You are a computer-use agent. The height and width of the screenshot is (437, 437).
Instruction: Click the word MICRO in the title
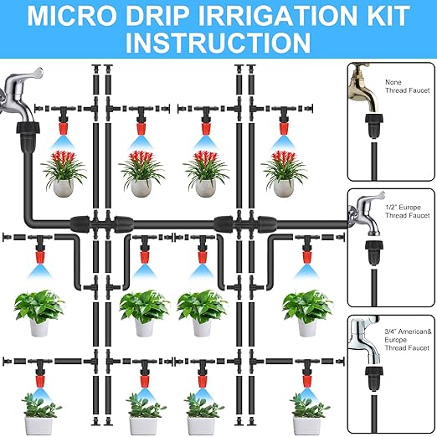[x=81, y=15]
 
